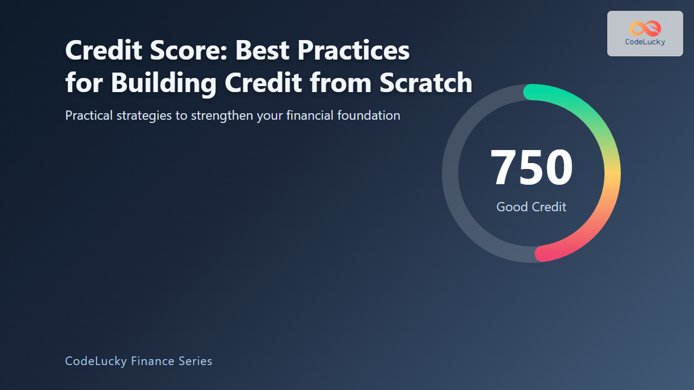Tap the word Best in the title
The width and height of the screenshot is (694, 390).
point(262,50)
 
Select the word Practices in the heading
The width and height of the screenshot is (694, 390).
point(353,50)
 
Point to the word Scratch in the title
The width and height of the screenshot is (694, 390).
point(426,82)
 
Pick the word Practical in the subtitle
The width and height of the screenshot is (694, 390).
point(89,115)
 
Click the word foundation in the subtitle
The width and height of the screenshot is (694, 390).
point(369,115)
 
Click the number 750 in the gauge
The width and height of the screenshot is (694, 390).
point(531,167)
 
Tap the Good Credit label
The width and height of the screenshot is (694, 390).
point(531,207)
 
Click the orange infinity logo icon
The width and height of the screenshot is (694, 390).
point(645,29)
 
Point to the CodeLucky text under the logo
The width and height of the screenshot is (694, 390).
point(645,42)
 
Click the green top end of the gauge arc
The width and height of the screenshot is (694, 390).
point(531,92)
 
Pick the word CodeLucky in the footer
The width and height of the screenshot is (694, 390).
point(96,361)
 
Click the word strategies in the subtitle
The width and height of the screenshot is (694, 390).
point(144,116)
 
